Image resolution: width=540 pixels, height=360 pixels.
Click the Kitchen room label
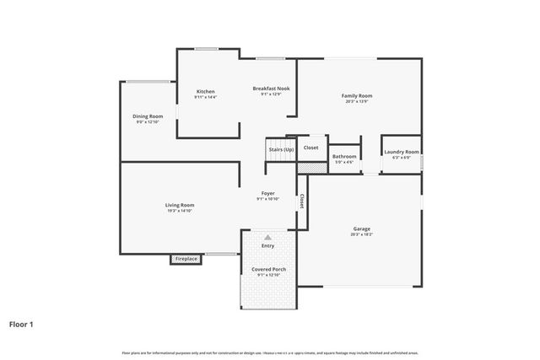point(205,91)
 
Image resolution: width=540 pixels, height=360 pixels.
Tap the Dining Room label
point(148,116)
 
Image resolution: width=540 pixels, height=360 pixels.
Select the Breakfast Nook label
point(271,89)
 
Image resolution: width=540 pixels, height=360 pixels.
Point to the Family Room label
point(357,96)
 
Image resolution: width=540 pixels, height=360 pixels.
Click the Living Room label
point(180,205)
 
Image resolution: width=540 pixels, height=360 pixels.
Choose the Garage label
point(362,228)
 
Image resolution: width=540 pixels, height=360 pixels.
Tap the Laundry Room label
point(397,153)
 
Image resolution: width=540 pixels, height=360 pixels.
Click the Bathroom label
point(343,156)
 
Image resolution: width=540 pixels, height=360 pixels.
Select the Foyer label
point(267,193)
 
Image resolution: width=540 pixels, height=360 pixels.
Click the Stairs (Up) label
point(282,149)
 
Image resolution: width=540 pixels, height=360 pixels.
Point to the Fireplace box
point(186,259)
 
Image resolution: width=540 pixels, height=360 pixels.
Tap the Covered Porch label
point(268,269)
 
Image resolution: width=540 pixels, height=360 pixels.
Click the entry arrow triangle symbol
point(267,237)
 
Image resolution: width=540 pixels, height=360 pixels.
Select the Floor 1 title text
point(21,323)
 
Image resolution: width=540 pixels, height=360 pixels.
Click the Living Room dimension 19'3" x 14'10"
point(180,211)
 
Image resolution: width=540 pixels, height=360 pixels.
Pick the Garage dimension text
point(362,234)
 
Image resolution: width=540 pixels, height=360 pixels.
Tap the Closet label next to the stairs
point(311,148)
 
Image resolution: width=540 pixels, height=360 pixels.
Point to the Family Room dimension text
point(357,102)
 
